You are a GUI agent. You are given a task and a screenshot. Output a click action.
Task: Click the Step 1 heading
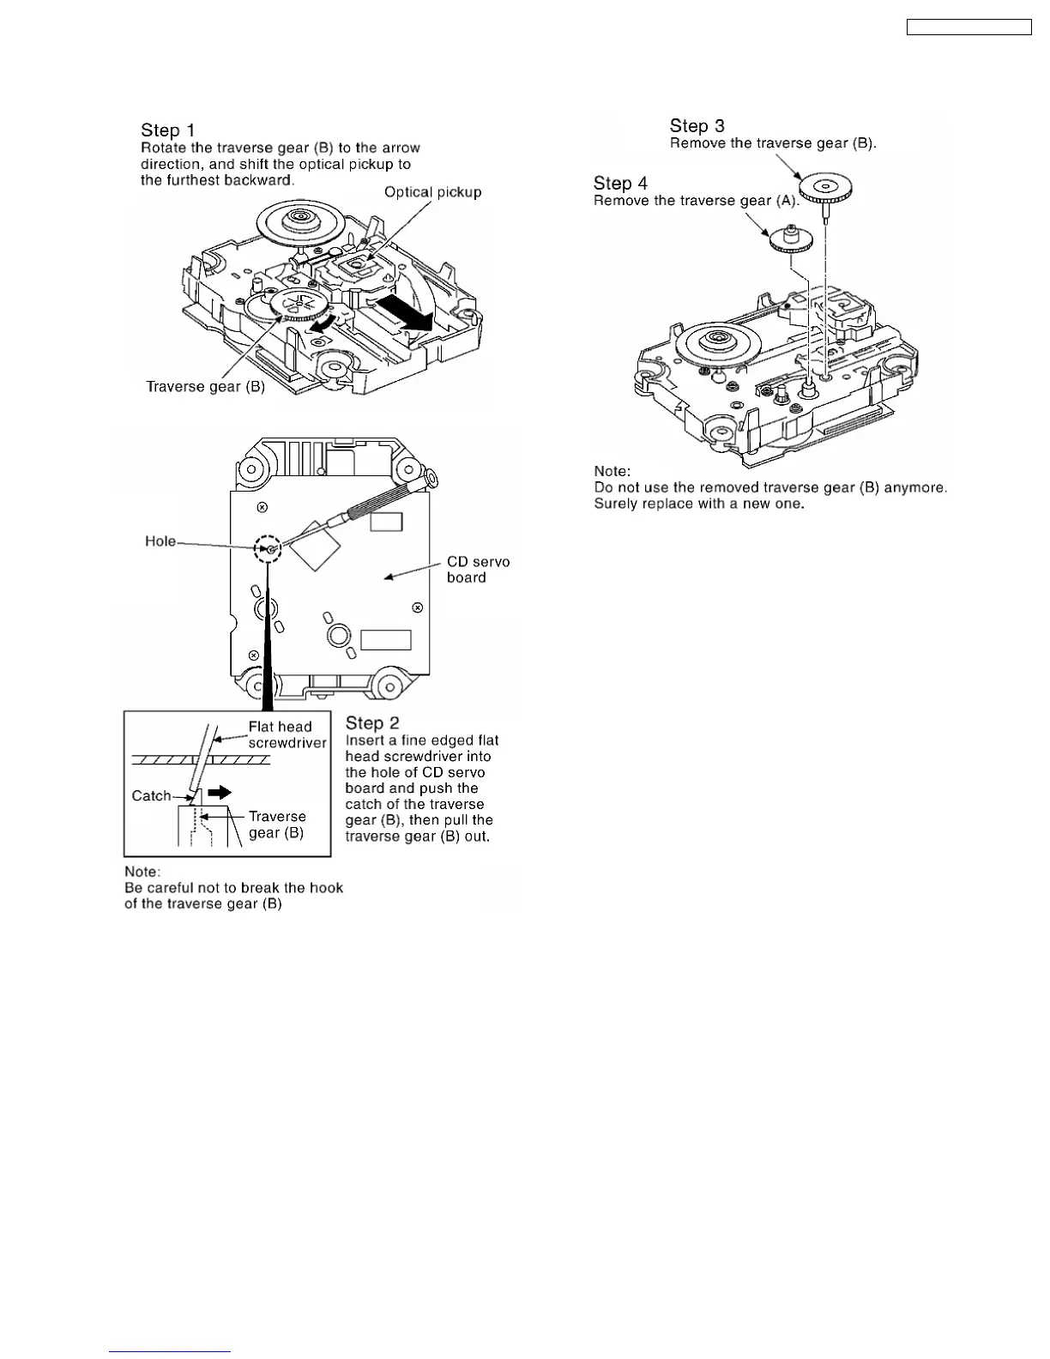(x=168, y=130)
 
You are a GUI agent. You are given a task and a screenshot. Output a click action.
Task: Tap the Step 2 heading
(x=372, y=723)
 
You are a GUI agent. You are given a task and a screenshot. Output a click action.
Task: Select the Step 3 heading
(x=697, y=126)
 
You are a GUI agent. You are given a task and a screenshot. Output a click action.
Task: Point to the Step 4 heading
(x=620, y=184)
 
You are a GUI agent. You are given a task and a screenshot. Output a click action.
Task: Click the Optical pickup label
(x=432, y=192)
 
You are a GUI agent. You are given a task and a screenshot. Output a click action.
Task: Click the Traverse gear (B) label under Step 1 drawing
(x=205, y=387)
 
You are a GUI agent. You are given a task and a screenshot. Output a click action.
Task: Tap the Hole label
(x=160, y=541)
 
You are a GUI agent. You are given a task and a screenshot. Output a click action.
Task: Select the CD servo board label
(x=478, y=570)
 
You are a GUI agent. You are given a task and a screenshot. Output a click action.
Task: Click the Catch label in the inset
(x=151, y=796)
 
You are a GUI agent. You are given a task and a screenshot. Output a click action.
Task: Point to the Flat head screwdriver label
(x=287, y=734)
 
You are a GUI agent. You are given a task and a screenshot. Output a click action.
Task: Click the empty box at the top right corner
(x=969, y=27)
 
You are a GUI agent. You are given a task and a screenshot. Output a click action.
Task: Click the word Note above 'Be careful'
(x=142, y=873)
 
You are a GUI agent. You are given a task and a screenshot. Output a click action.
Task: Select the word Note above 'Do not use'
(x=612, y=472)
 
